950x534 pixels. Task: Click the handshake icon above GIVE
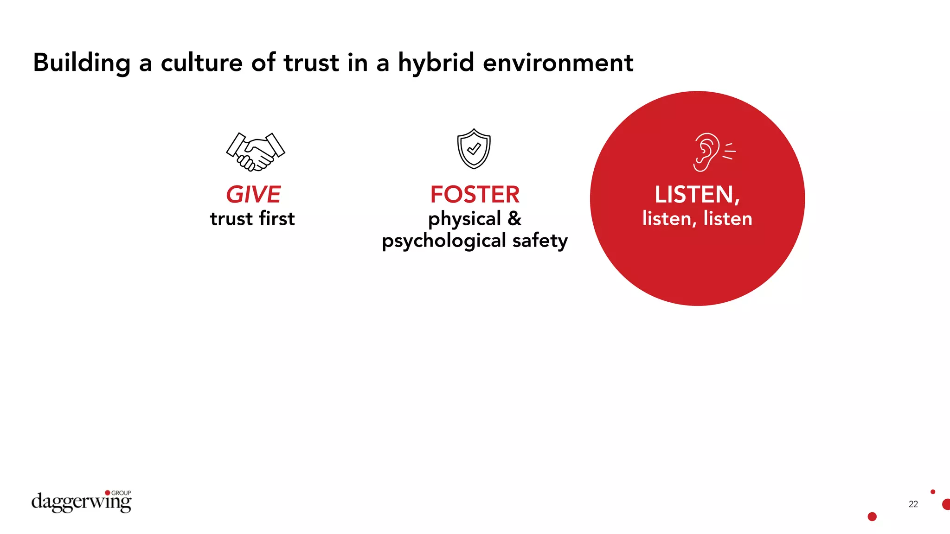pos(255,152)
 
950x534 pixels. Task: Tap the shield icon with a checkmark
pos(474,149)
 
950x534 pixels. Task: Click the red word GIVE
pos(253,195)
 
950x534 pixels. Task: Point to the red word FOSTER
pos(475,195)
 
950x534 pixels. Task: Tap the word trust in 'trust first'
pos(231,219)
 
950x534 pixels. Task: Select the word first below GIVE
pos(277,218)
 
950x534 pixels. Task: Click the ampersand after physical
pos(514,218)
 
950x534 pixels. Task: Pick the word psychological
pos(444,241)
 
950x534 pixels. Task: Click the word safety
pos(540,241)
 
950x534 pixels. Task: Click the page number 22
pos(913,504)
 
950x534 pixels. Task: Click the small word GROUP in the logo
pos(121,493)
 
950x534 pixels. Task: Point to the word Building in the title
pos(82,63)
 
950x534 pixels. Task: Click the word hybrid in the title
pos(436,63)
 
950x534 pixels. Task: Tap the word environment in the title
pos(558,63)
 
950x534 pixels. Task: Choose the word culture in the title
pos(201,63)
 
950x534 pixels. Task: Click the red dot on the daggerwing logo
pos(108,493)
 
